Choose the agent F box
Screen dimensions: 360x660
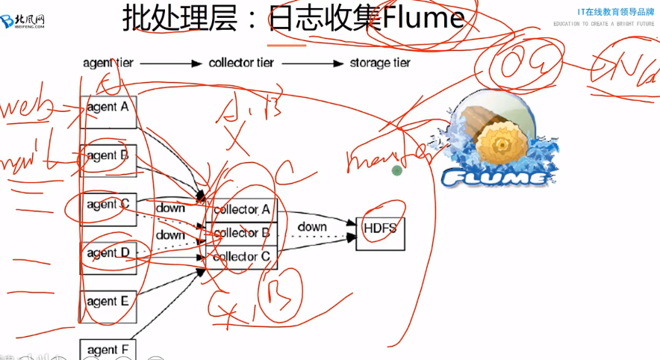coord(108,349)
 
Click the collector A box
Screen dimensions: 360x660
coord(241,210)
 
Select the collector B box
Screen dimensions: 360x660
coord(241,234)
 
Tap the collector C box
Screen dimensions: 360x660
coord(241,258)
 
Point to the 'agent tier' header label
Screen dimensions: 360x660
coord(108,63)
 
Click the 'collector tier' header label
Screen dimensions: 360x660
coord(244,63)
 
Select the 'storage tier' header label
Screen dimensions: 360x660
coord(380,63)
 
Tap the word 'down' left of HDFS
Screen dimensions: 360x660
coord(312,226)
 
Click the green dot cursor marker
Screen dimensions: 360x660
coord(397,170)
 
